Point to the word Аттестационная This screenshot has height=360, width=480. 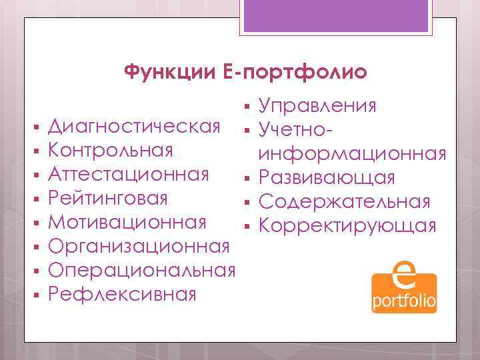(129, 175)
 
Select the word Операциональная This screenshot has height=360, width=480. (142, 270)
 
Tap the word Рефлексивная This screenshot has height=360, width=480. (123, 293)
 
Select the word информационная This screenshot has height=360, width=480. (353, 154)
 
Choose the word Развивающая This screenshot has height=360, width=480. (327, 177)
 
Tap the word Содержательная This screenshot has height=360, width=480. (344, 201)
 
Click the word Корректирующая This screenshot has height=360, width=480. (347, 225)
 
